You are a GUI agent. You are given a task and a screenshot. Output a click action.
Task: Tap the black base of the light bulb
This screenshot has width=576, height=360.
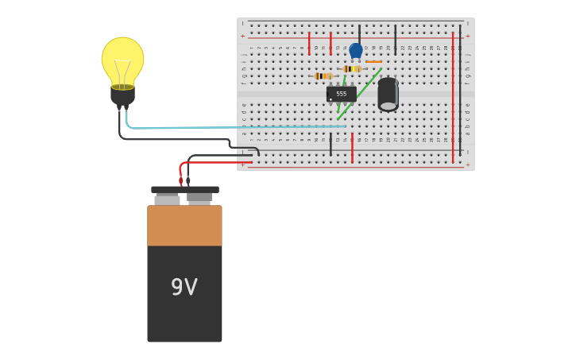click(x=122, y=95)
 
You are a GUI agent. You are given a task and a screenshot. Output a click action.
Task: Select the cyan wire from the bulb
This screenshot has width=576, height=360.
click(x=238, y=126)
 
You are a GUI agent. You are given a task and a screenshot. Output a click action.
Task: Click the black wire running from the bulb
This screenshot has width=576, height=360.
click(x=175, y=139)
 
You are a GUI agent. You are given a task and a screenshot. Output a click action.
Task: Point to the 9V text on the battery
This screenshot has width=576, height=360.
click(x=184, y=287)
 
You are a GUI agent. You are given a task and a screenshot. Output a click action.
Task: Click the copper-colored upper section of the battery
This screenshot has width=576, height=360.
click(x=184, y=226)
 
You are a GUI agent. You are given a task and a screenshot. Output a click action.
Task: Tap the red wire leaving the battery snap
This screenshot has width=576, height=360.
click(x=215, y=162)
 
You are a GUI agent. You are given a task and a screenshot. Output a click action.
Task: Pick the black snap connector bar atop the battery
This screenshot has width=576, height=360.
click(x=184, y=190)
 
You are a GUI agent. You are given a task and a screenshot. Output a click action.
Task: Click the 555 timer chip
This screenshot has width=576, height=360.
click(x=341, y=94)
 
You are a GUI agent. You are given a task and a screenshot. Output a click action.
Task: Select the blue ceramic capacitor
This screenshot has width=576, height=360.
click(x=356, y=50)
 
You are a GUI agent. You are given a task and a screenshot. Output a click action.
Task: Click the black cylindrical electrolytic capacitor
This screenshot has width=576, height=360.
click(x=388, y=94)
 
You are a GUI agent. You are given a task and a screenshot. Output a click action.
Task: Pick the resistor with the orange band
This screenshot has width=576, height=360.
click(x=322, y=76)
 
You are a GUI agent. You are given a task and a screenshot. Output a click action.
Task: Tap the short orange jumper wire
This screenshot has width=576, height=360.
click(x=373, y=61)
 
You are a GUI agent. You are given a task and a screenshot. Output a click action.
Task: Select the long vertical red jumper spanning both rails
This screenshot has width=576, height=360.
click(x=453, y=95)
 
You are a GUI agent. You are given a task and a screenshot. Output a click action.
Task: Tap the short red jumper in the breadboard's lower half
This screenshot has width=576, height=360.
click(x=352, y=149)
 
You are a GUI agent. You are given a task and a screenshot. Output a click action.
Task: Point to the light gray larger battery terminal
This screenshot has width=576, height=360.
click(x=167, y=199)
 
